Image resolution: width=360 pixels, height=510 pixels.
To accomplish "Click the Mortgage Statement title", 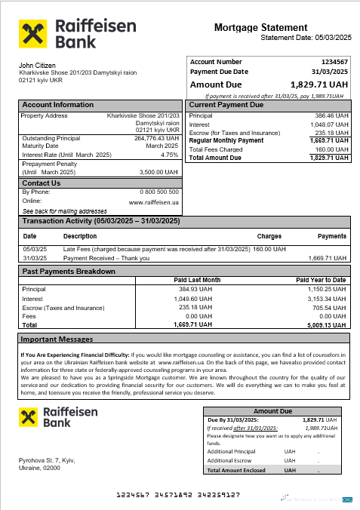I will [x=260, y=27].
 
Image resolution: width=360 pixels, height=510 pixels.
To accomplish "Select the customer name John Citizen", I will [x=36, y=66].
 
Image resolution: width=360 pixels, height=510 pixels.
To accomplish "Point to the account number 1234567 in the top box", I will [x=334, y=62].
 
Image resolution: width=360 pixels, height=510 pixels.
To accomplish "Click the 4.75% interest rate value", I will [x=170, y=154].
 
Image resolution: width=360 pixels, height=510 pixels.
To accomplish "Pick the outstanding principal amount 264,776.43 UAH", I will [x=156, y=139].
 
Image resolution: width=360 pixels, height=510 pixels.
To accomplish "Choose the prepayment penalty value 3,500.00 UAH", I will [x=159, y=172].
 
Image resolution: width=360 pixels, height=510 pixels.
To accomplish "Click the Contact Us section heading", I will [x=42, y=183].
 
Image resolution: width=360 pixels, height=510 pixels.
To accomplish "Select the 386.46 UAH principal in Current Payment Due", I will [x=334, y=116].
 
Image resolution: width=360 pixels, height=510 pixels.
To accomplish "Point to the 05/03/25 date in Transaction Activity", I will [x=34, y=249].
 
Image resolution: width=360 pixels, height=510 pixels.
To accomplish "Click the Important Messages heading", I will [x=57, y=339].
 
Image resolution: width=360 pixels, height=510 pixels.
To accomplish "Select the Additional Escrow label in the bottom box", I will [x=231, y=460].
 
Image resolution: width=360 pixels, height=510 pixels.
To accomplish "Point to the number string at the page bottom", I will [x=177, y=494].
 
